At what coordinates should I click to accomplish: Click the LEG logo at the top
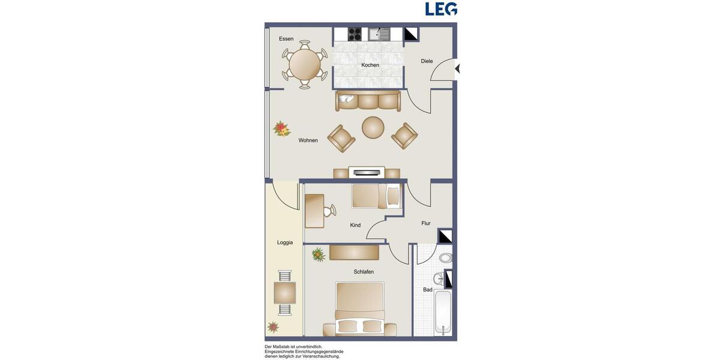tap(441, 9)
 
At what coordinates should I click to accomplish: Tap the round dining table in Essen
tap(304, 64)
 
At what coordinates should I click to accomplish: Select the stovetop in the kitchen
tap(355, 34)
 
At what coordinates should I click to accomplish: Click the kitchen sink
tap(379, 34)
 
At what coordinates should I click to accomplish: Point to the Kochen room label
tap(370, 65)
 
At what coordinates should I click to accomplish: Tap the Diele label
tap(427, 61)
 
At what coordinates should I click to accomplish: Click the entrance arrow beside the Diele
tap(457, 69)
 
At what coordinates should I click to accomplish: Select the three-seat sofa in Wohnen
tap(368, 101)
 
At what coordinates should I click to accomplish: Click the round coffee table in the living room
tap(373, 127)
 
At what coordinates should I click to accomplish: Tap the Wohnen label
tap(308, 140)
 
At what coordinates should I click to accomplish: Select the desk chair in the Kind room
tap(329, 211)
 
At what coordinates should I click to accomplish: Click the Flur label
tap(426, 223)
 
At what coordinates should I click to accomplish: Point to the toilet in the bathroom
tap(445, 258)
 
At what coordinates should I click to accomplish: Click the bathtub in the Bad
tap(443, 313)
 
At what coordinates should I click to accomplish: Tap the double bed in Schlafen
tap(359, 309)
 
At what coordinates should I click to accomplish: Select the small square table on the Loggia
tap(284, 293)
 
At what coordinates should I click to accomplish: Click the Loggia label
tap(285, 242)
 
